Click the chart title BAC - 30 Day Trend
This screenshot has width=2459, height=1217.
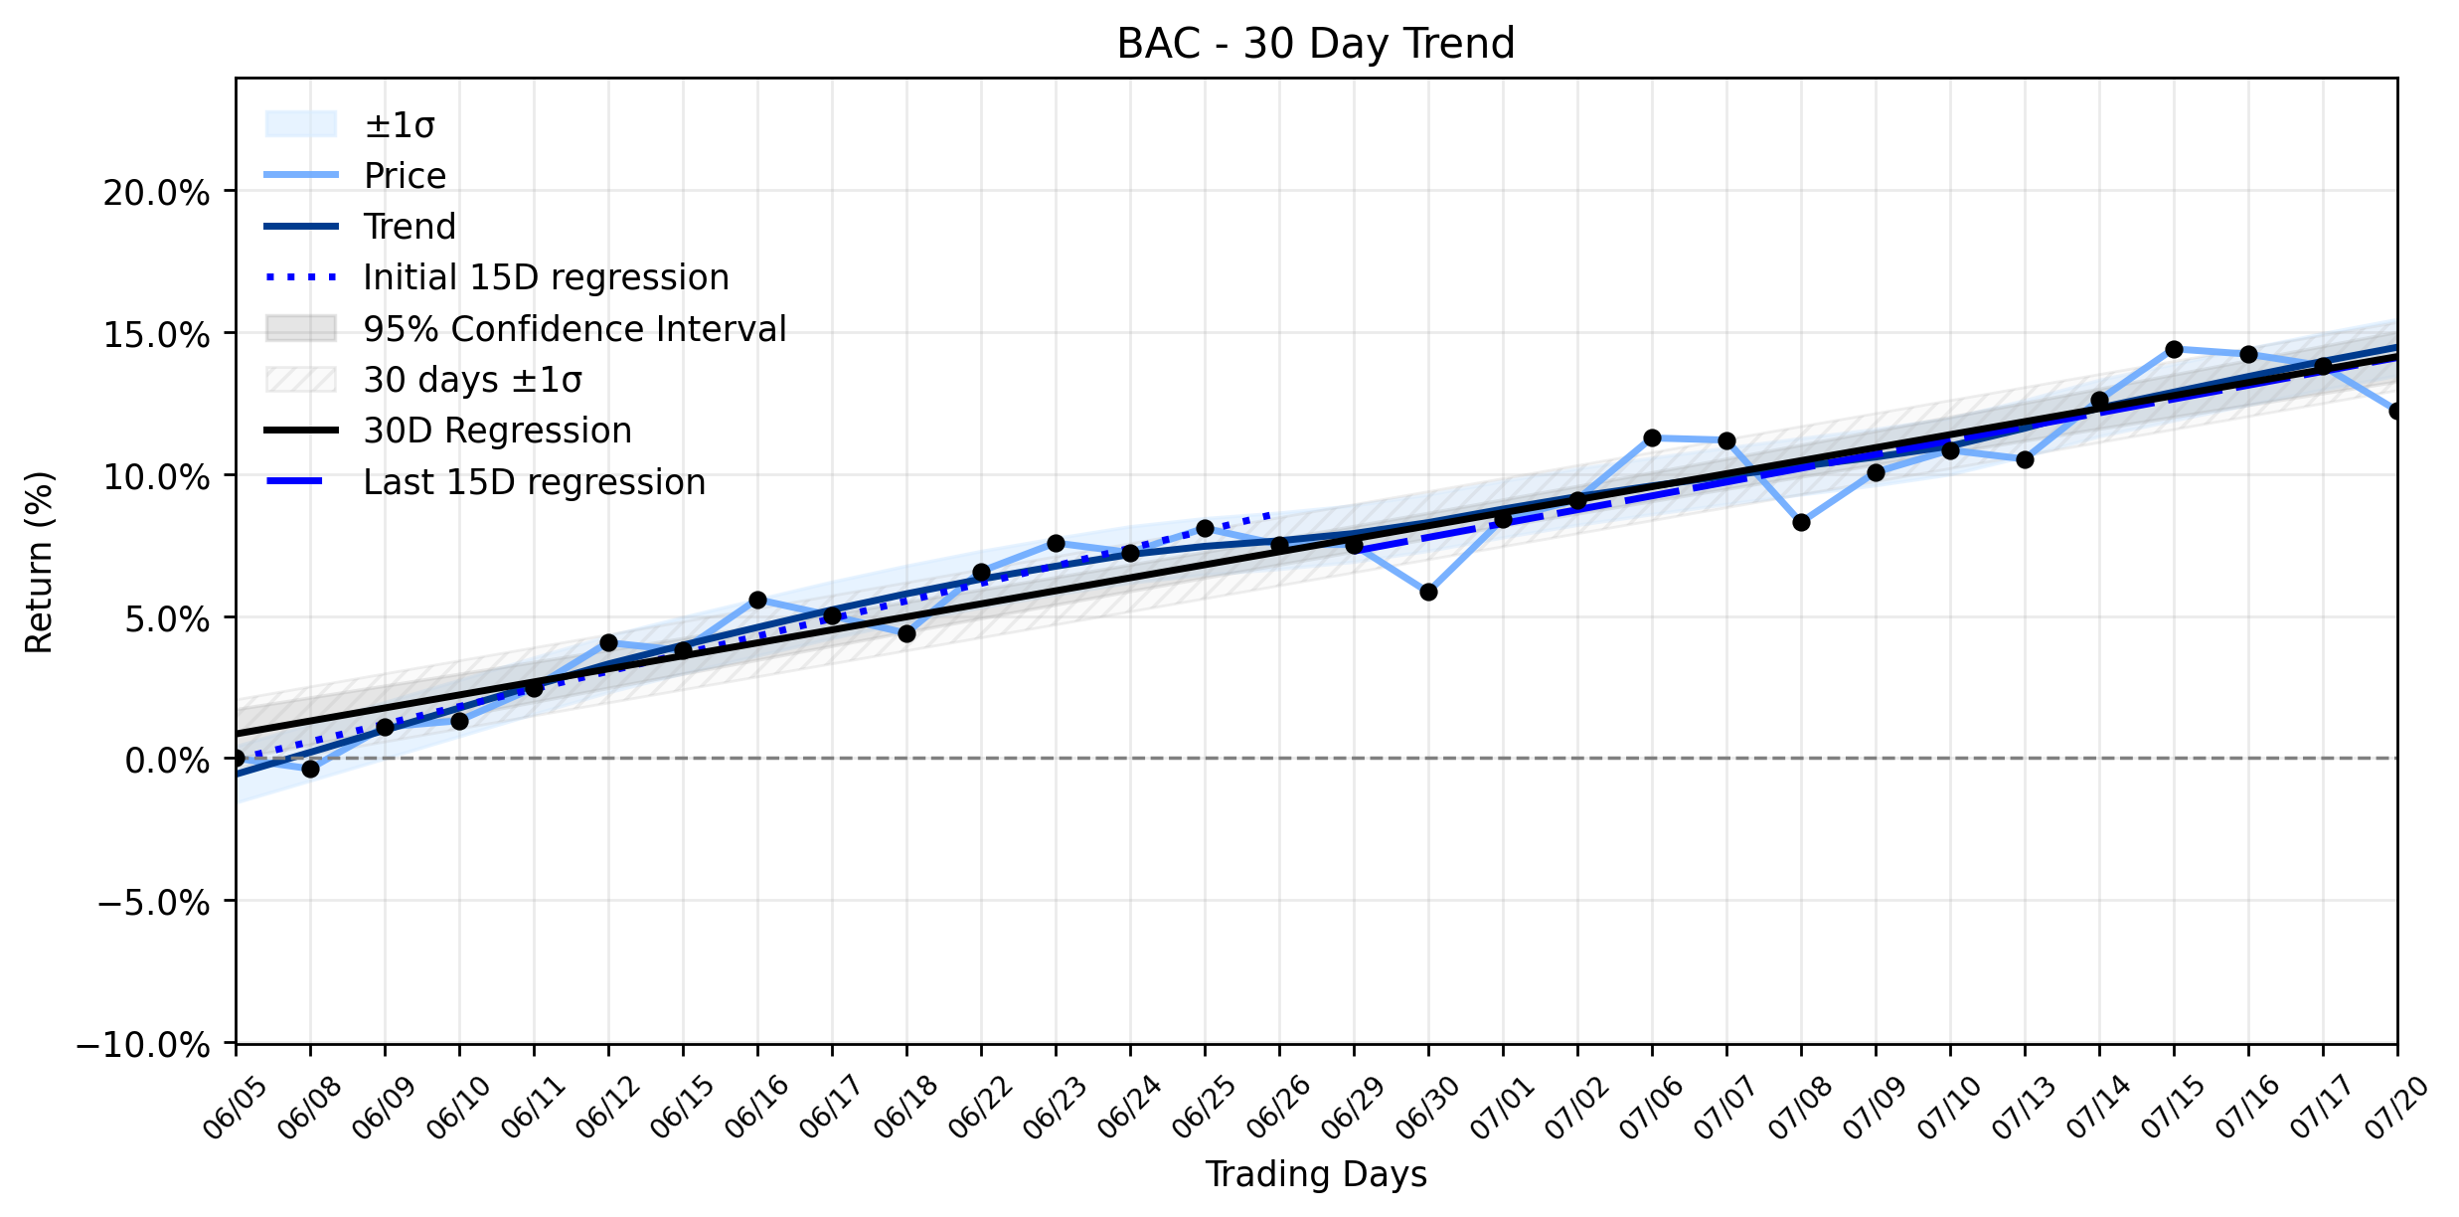point(1315,44)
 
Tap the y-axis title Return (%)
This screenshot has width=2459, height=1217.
point(39,562)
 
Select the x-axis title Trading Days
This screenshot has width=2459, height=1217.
point(1316,1174)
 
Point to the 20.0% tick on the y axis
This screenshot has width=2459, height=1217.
point(156,192)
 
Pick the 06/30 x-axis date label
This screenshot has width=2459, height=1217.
point(1428,1107)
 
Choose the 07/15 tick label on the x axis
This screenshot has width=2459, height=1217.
point(2174,1107)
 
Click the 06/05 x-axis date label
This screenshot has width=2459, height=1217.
point(236,1107)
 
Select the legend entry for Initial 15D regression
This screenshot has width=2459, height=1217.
point(497,277)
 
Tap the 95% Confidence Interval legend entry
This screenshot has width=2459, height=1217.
point(525,328)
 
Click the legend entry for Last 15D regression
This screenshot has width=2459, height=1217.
point(485,482)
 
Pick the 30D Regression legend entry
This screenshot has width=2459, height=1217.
point(448,431)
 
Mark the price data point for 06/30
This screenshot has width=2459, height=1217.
point(1428,593)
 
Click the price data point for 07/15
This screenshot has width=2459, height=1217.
point(2174,350)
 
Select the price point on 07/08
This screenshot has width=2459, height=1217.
point(1801,523)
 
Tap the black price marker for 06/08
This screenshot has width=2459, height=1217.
point(310,769)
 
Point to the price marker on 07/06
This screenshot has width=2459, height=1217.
point(1652,438)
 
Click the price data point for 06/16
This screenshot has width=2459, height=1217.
point(757,601)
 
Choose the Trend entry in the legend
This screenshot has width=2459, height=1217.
point(360,227)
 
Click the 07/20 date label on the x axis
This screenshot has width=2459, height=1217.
point(2397,1107)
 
